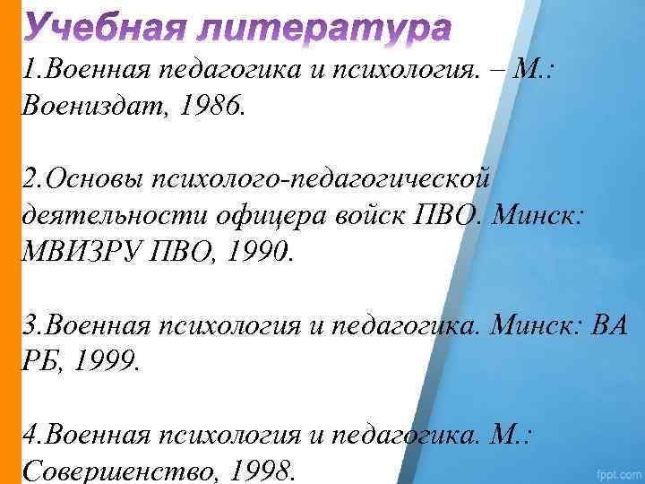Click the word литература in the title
click(x=329, y=29)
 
